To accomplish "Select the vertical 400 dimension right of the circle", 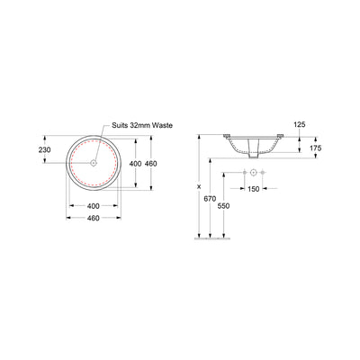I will (x=135, y=164).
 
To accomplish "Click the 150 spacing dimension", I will (x=255, y=190).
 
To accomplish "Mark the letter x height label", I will (x=199, y=186).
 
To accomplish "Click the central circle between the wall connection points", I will (x=255, y=172).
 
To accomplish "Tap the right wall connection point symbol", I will (x=265, y=172).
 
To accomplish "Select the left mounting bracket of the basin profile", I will (x=228, y=137).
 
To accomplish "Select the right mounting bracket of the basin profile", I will (x=282, y=137).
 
